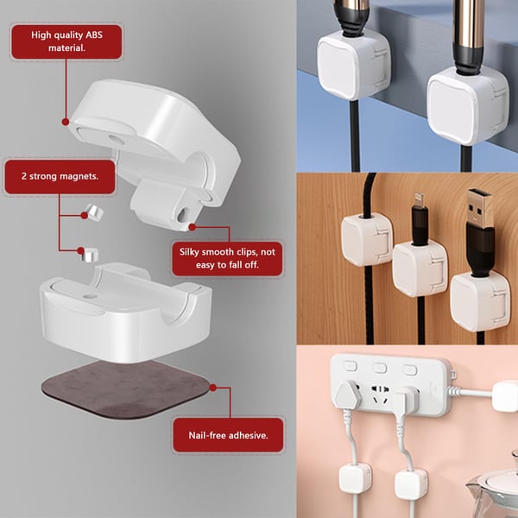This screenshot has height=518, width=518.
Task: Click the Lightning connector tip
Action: [420, 205]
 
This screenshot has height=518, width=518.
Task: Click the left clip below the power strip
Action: [355, 477]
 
